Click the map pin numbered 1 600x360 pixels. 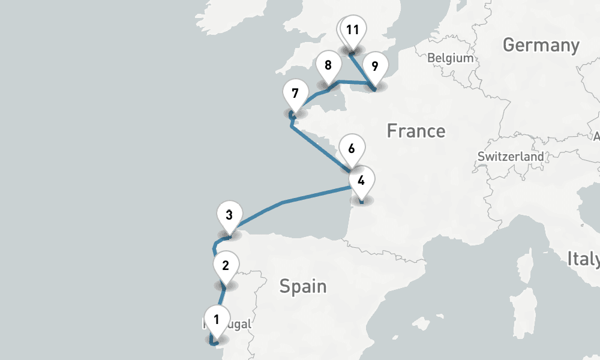(217, 318)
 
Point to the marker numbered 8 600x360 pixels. (328, 65)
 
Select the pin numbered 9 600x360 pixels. (375, 65)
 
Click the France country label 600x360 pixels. (416, 130)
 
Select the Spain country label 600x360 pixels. (303, 286)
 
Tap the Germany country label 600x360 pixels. (541, 45)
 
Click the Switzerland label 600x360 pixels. (511, 157)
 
